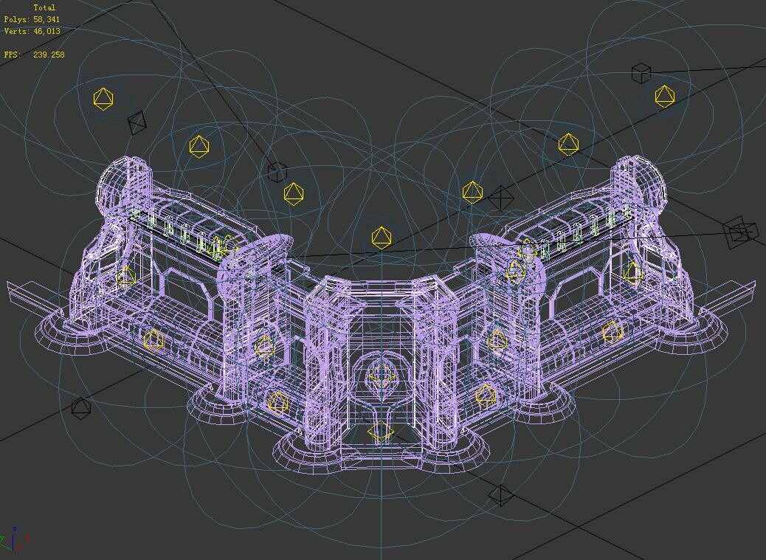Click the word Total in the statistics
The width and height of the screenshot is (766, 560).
[44, 7]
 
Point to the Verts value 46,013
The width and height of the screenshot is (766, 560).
[47, 31]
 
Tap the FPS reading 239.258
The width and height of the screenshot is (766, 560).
[49, 54]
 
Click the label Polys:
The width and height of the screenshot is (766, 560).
[17, 19]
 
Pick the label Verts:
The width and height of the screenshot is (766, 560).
[17, 31]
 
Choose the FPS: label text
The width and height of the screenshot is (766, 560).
[13, 54]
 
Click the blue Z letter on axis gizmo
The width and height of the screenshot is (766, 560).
[15, 528]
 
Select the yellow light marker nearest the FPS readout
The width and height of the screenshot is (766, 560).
[103, 99]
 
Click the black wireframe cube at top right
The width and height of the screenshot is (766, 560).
[641, 73]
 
